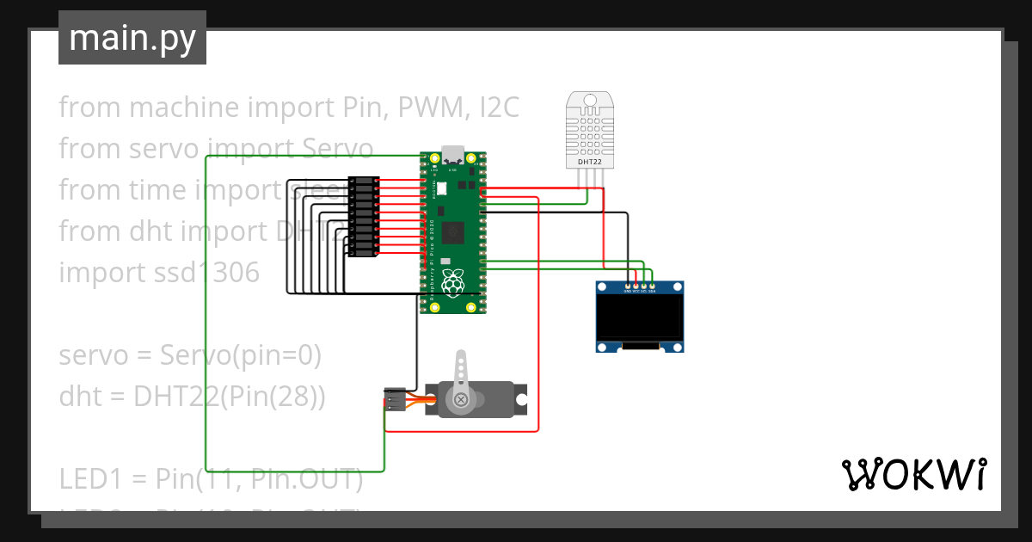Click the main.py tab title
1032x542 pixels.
132,39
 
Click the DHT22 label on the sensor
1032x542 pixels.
589,162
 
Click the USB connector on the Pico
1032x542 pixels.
452,156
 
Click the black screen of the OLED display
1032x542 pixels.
641,317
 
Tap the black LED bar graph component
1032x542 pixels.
364,217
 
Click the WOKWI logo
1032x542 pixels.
913,474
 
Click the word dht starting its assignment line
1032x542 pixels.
80,397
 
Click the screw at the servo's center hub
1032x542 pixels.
463,399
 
